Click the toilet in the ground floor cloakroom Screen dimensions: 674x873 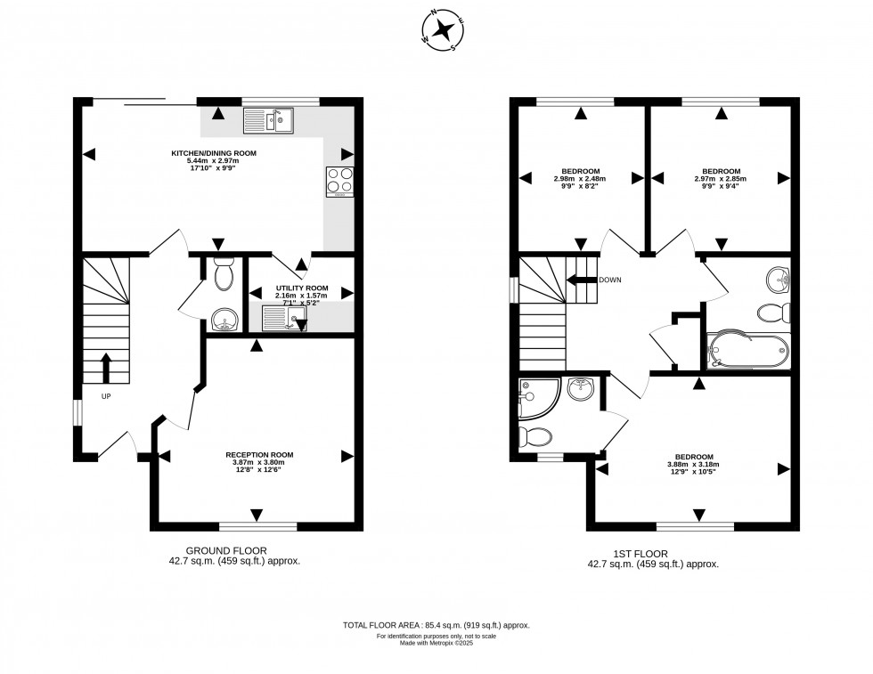tap(224, 274)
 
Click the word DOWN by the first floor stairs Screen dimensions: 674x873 tap(610, 280)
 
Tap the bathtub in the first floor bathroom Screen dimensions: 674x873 tap(747, 351)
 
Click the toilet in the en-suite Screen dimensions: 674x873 tap(536, 435)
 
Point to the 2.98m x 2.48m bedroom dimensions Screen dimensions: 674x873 tap(580, 179)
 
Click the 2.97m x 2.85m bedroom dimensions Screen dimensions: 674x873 tap(721, 179)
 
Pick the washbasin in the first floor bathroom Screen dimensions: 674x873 tap(779, 279)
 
